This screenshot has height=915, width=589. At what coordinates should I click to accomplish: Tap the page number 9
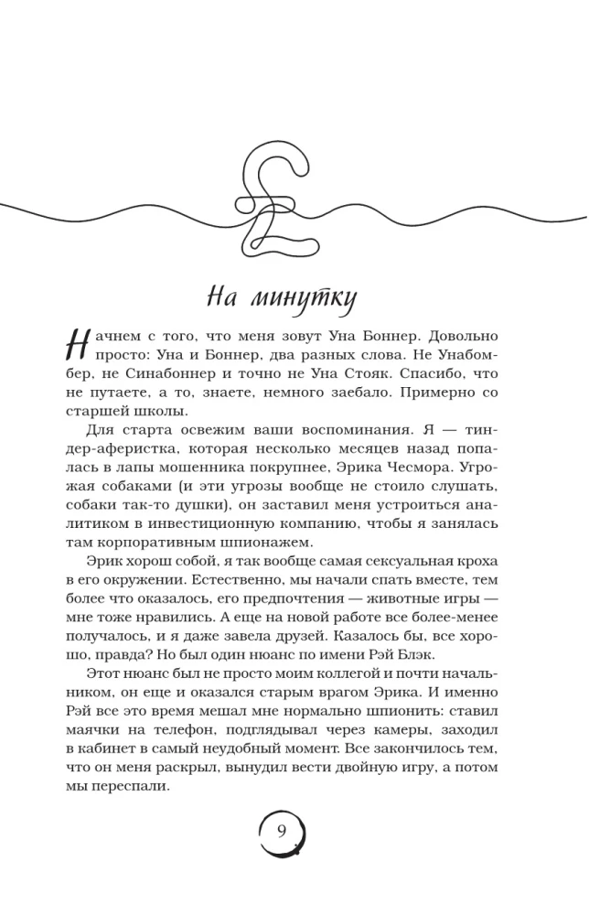tap(282, 831)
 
